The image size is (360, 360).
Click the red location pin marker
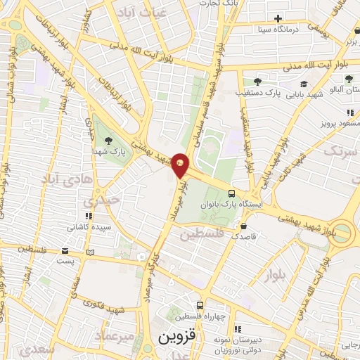click(181, 165)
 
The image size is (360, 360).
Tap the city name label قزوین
click(174, 337)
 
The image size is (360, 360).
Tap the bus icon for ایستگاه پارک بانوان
click(232, 193)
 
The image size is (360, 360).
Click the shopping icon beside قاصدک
click(243, 226)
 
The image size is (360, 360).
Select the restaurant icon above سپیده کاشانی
click(87, 216)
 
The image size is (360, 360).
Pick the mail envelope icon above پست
click(65, 251)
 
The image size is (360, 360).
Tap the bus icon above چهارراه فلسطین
click(200, 306)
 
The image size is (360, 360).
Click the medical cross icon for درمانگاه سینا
click(278, 18)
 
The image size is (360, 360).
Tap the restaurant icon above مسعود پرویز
click(349, 112)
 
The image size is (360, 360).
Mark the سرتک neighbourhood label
click(342, 149)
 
